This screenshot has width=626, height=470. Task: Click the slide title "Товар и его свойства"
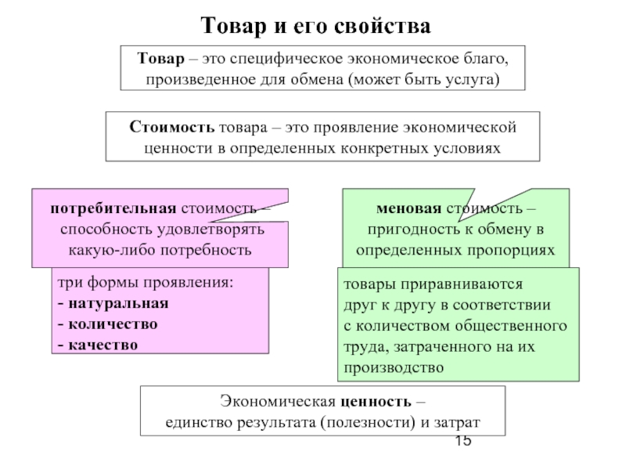[316, 26]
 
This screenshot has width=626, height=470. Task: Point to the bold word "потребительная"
[112, 209]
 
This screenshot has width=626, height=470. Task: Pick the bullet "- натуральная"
[112, 302]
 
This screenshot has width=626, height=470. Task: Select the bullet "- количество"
[107, 324]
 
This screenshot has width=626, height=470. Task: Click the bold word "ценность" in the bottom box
[379, 402]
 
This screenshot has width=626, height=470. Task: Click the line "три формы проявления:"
[144, 282]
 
